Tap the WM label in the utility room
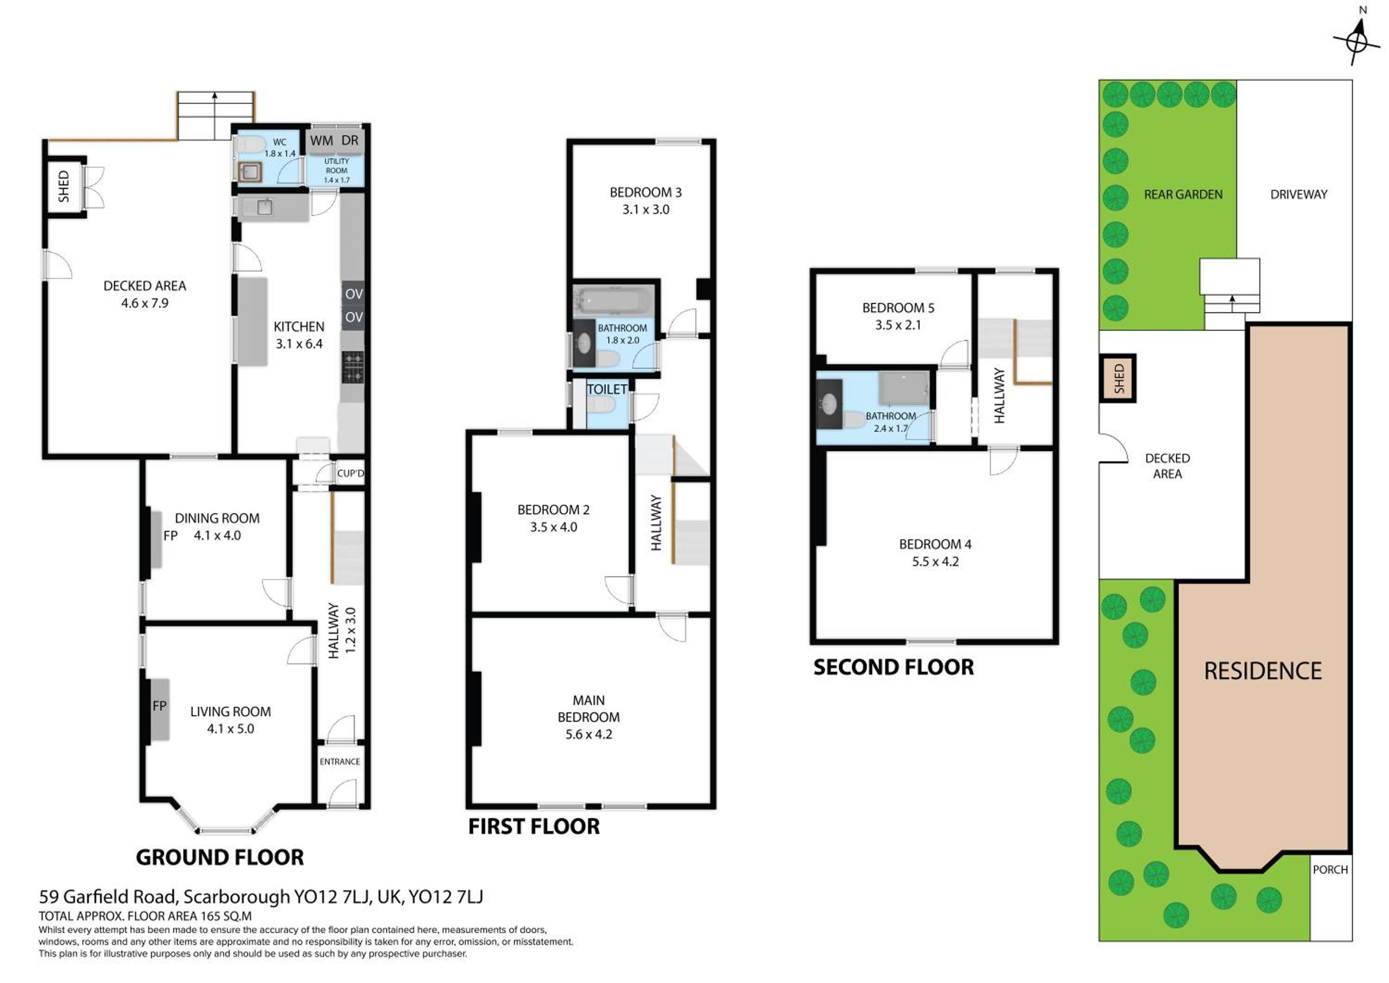pyautogui.click(x=321, y=140)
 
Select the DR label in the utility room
pyautogui.click(x=350, y=140)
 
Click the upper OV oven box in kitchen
pyautogui.click(x=353, y=294)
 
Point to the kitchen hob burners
pyautogui.click(x=353, y=367)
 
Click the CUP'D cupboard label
pyautogui.click(x=350, y=473)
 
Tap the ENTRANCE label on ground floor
pyautogui.click(x=339, y=762)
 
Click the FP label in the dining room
pyautogui.click(x=170, y=536)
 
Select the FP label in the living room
pyautogui.click(x=160, y=706)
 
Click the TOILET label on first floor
pyautogui.click(x=607, y=389)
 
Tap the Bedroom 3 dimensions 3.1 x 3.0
pyautogui.click(x=645, y=210)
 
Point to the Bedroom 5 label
pyautogui.click(x=898, y=308)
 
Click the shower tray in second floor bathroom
pyautogui.click(x=904, y=388)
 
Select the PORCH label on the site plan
pyautogui.click(x=1330, y=870)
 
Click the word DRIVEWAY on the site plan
pyautogui.click(x=1299, y=194)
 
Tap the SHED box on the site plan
pyautogui.click(x=1118, y=378)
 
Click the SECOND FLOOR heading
pyautogui.click(x=894, y=667)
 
